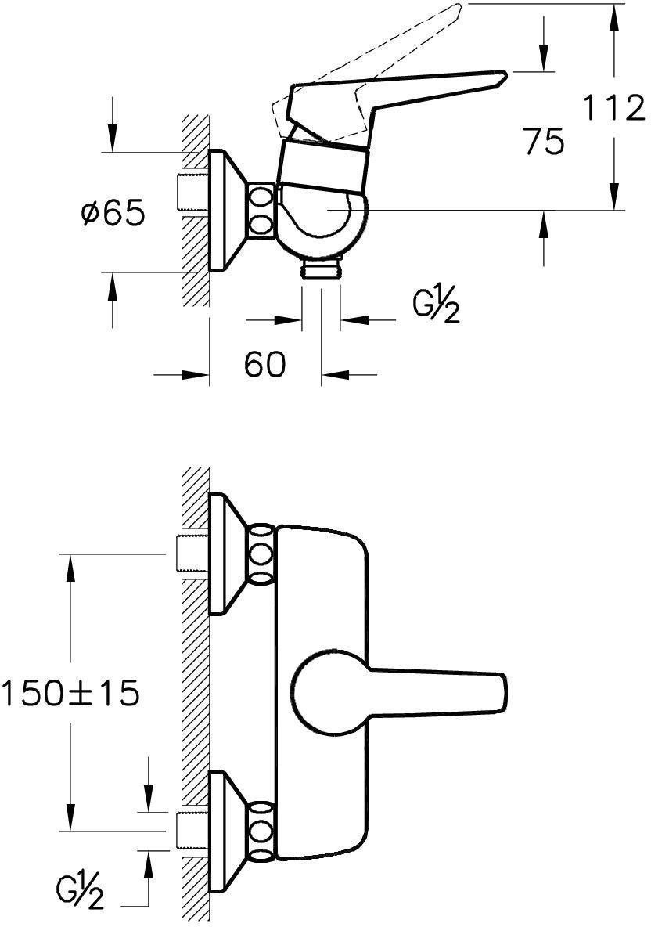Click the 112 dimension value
coord(613,108)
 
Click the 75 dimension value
coord(544,142)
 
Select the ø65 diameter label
coord(112,211)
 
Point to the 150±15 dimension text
coord(70,693)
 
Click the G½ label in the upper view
coord(435,306)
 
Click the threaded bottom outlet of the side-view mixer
coord(321,269)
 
